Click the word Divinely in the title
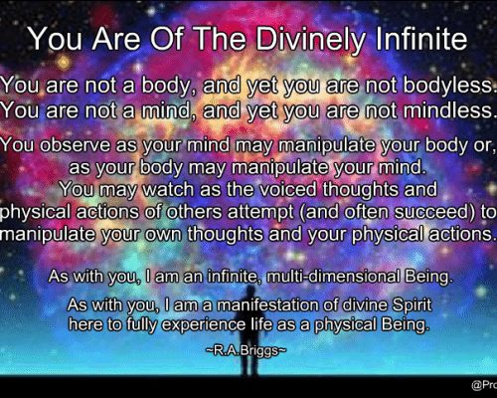(310, 40)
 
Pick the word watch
(168, 189)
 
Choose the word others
(194, 212)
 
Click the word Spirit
(412, 305)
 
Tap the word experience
(203, 324)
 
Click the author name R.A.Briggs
(246, 350)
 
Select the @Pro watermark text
(484, 385)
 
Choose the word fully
(141, 324)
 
